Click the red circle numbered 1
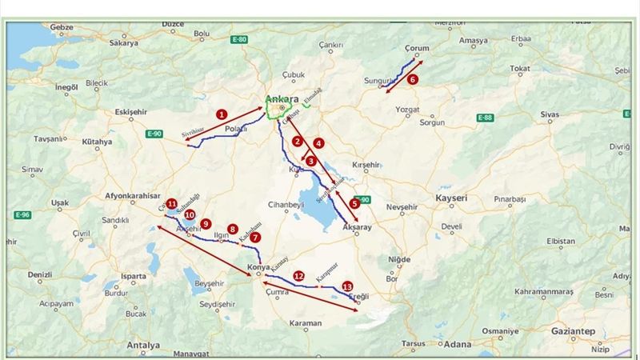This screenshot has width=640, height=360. click(x=222, y=114)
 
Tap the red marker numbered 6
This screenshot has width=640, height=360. click(x=413, y=79)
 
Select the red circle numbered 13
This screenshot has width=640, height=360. click(x=346, y=286)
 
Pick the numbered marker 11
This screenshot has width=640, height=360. click(x=172, y=204)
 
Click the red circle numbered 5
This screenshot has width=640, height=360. click(x=354, y=203)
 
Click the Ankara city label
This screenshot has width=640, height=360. click(x=281, y=100)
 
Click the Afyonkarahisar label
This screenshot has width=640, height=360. click(x=132, y=196)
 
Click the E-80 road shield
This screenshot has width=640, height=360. click(x=239, y=38)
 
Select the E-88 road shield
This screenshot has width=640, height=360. click(x=485, y=118)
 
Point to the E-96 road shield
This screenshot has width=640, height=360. click(x=22, y=214)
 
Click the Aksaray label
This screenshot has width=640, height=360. click(x=358, y=228)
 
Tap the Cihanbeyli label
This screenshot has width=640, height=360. click(x=286, y=204)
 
